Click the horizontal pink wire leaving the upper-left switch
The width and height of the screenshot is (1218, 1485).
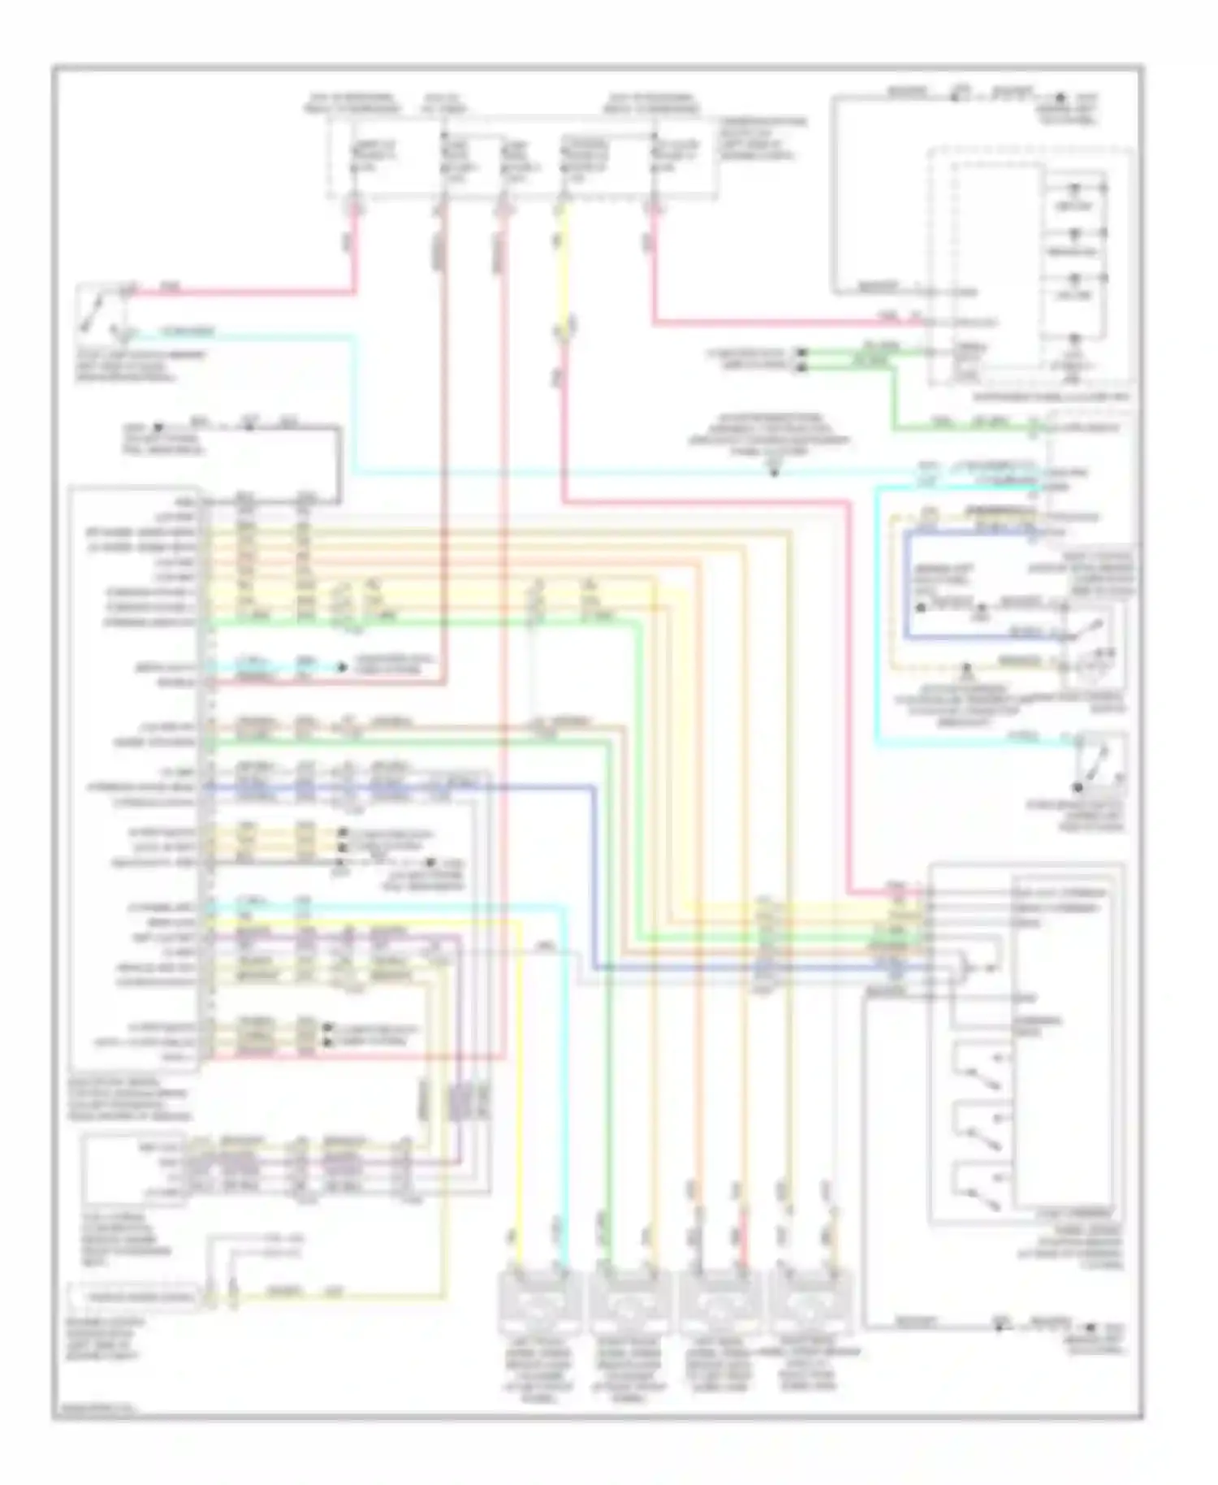point(244,292)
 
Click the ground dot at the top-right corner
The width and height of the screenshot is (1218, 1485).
point(1060,97)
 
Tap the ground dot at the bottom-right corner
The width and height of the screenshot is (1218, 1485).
point(1091,1327)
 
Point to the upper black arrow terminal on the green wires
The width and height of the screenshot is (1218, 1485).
point(801,353)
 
